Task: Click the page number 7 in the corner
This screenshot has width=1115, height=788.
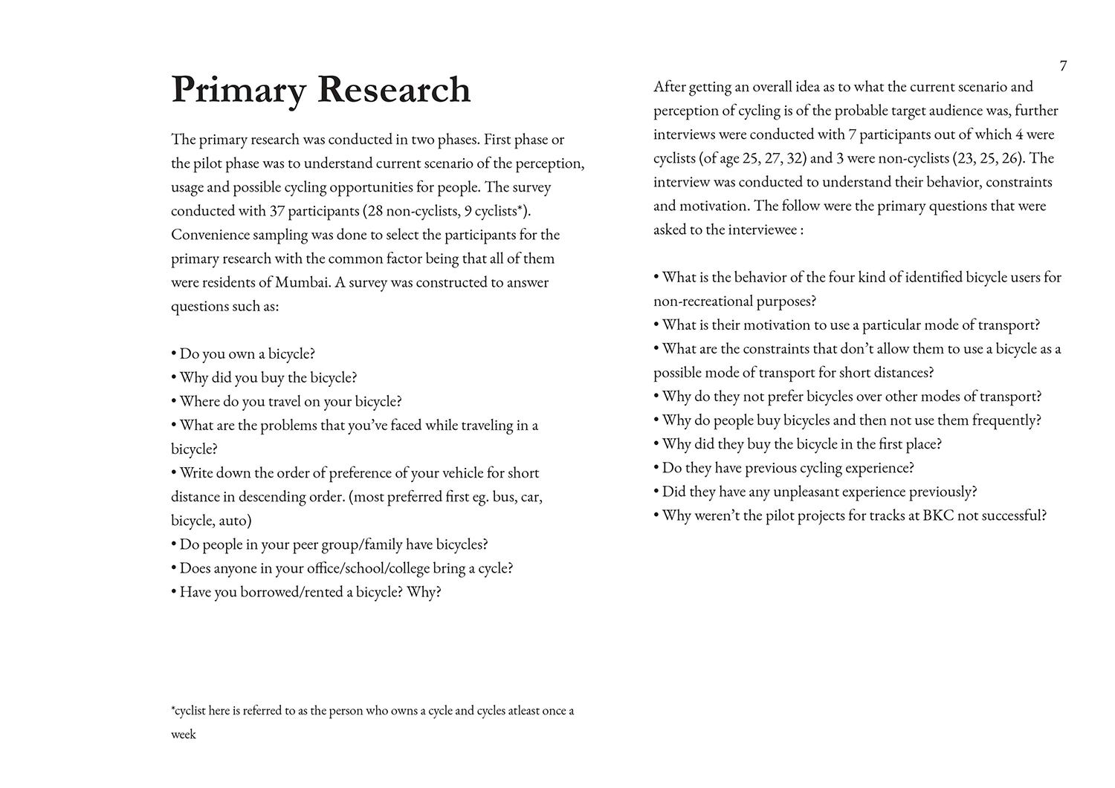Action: pyautogui.click(x=1063, y=66)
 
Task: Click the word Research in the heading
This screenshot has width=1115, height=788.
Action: pyautogui.click(x=394, y=90)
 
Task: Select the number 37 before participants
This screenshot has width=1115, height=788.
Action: pyautogui.click(x=277, y=211)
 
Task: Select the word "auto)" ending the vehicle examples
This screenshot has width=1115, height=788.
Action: pyautogui.click(x=235, y=520)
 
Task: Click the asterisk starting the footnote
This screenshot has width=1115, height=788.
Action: pyautogui.click(x=173, y=709)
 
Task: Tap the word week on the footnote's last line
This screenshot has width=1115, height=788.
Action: pyautogui.click(x=184, y=735)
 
